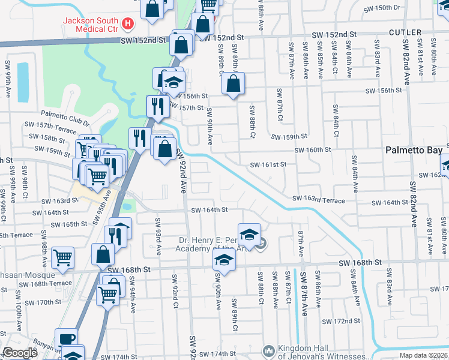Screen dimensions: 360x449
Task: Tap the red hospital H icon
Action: tap(127, 25)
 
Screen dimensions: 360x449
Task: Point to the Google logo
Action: tap(19, 353)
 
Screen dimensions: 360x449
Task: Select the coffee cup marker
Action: tap(66, 338)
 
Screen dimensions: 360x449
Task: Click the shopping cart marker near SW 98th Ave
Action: tap(62, 257)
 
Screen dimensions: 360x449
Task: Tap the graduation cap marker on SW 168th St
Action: tap(224, 260)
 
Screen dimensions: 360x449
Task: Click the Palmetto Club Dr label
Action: tap(65, 114)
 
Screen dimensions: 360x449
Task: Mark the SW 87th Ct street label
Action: tap(279, 103)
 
